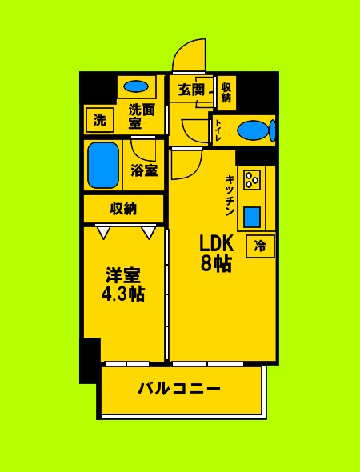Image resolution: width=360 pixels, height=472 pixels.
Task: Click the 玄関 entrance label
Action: coord(192,90)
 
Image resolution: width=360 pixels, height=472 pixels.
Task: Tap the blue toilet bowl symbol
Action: coord(254,130)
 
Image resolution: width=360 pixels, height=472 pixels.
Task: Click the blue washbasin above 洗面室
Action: coord(137,86)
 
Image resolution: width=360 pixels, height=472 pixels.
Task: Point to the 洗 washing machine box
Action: coord(99,121)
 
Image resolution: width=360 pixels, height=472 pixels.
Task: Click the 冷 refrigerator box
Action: coord(260,246)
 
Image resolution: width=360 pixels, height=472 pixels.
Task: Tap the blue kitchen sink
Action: coord(252,217)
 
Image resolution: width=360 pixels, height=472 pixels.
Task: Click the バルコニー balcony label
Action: coord(179,390)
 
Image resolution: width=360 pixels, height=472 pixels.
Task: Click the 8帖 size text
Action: coord(214,264)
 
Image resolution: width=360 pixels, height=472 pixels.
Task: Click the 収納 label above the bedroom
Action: coord(123,209)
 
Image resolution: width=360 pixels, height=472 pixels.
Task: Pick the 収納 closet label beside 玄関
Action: coord(226,92)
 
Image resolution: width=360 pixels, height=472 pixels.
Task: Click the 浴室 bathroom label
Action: coord(145,170)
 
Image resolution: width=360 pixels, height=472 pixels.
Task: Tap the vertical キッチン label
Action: coord(230,196)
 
